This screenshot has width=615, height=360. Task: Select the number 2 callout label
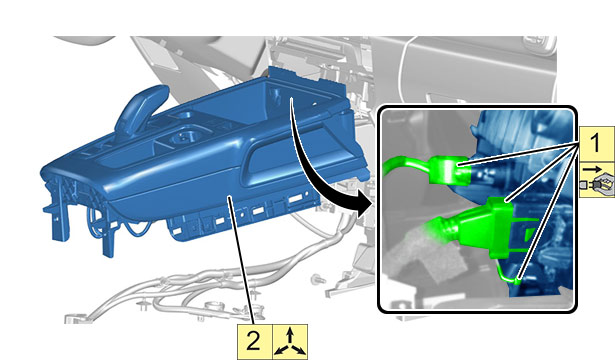(254, 342)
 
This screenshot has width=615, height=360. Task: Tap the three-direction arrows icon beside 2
(290, 342)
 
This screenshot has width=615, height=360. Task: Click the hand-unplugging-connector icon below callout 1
(597, 180)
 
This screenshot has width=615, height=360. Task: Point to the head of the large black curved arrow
(362, 205)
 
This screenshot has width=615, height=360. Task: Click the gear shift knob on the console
(143, 106)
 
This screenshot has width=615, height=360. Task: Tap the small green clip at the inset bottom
(509, 274)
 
